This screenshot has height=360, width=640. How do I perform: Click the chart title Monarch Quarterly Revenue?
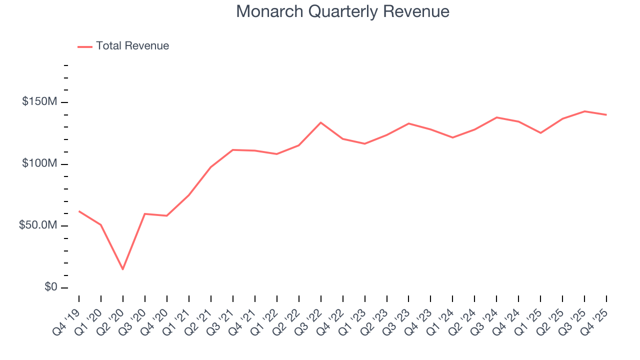click(342, 11)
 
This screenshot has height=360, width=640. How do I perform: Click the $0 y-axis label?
click(50, 287)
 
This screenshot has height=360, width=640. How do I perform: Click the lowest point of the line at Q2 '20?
click(122, 269)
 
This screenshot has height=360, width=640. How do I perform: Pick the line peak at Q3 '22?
click(320, 122)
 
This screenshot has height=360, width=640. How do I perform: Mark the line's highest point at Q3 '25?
click(584, 111)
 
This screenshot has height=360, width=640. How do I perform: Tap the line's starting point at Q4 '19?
click(79, 211)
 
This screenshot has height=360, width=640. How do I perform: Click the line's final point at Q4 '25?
click(606, 115)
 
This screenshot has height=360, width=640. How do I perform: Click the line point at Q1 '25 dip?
click(540, 133)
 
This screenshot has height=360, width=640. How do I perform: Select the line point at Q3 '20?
click(144, 214)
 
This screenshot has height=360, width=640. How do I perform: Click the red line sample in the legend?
click(85, 46)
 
